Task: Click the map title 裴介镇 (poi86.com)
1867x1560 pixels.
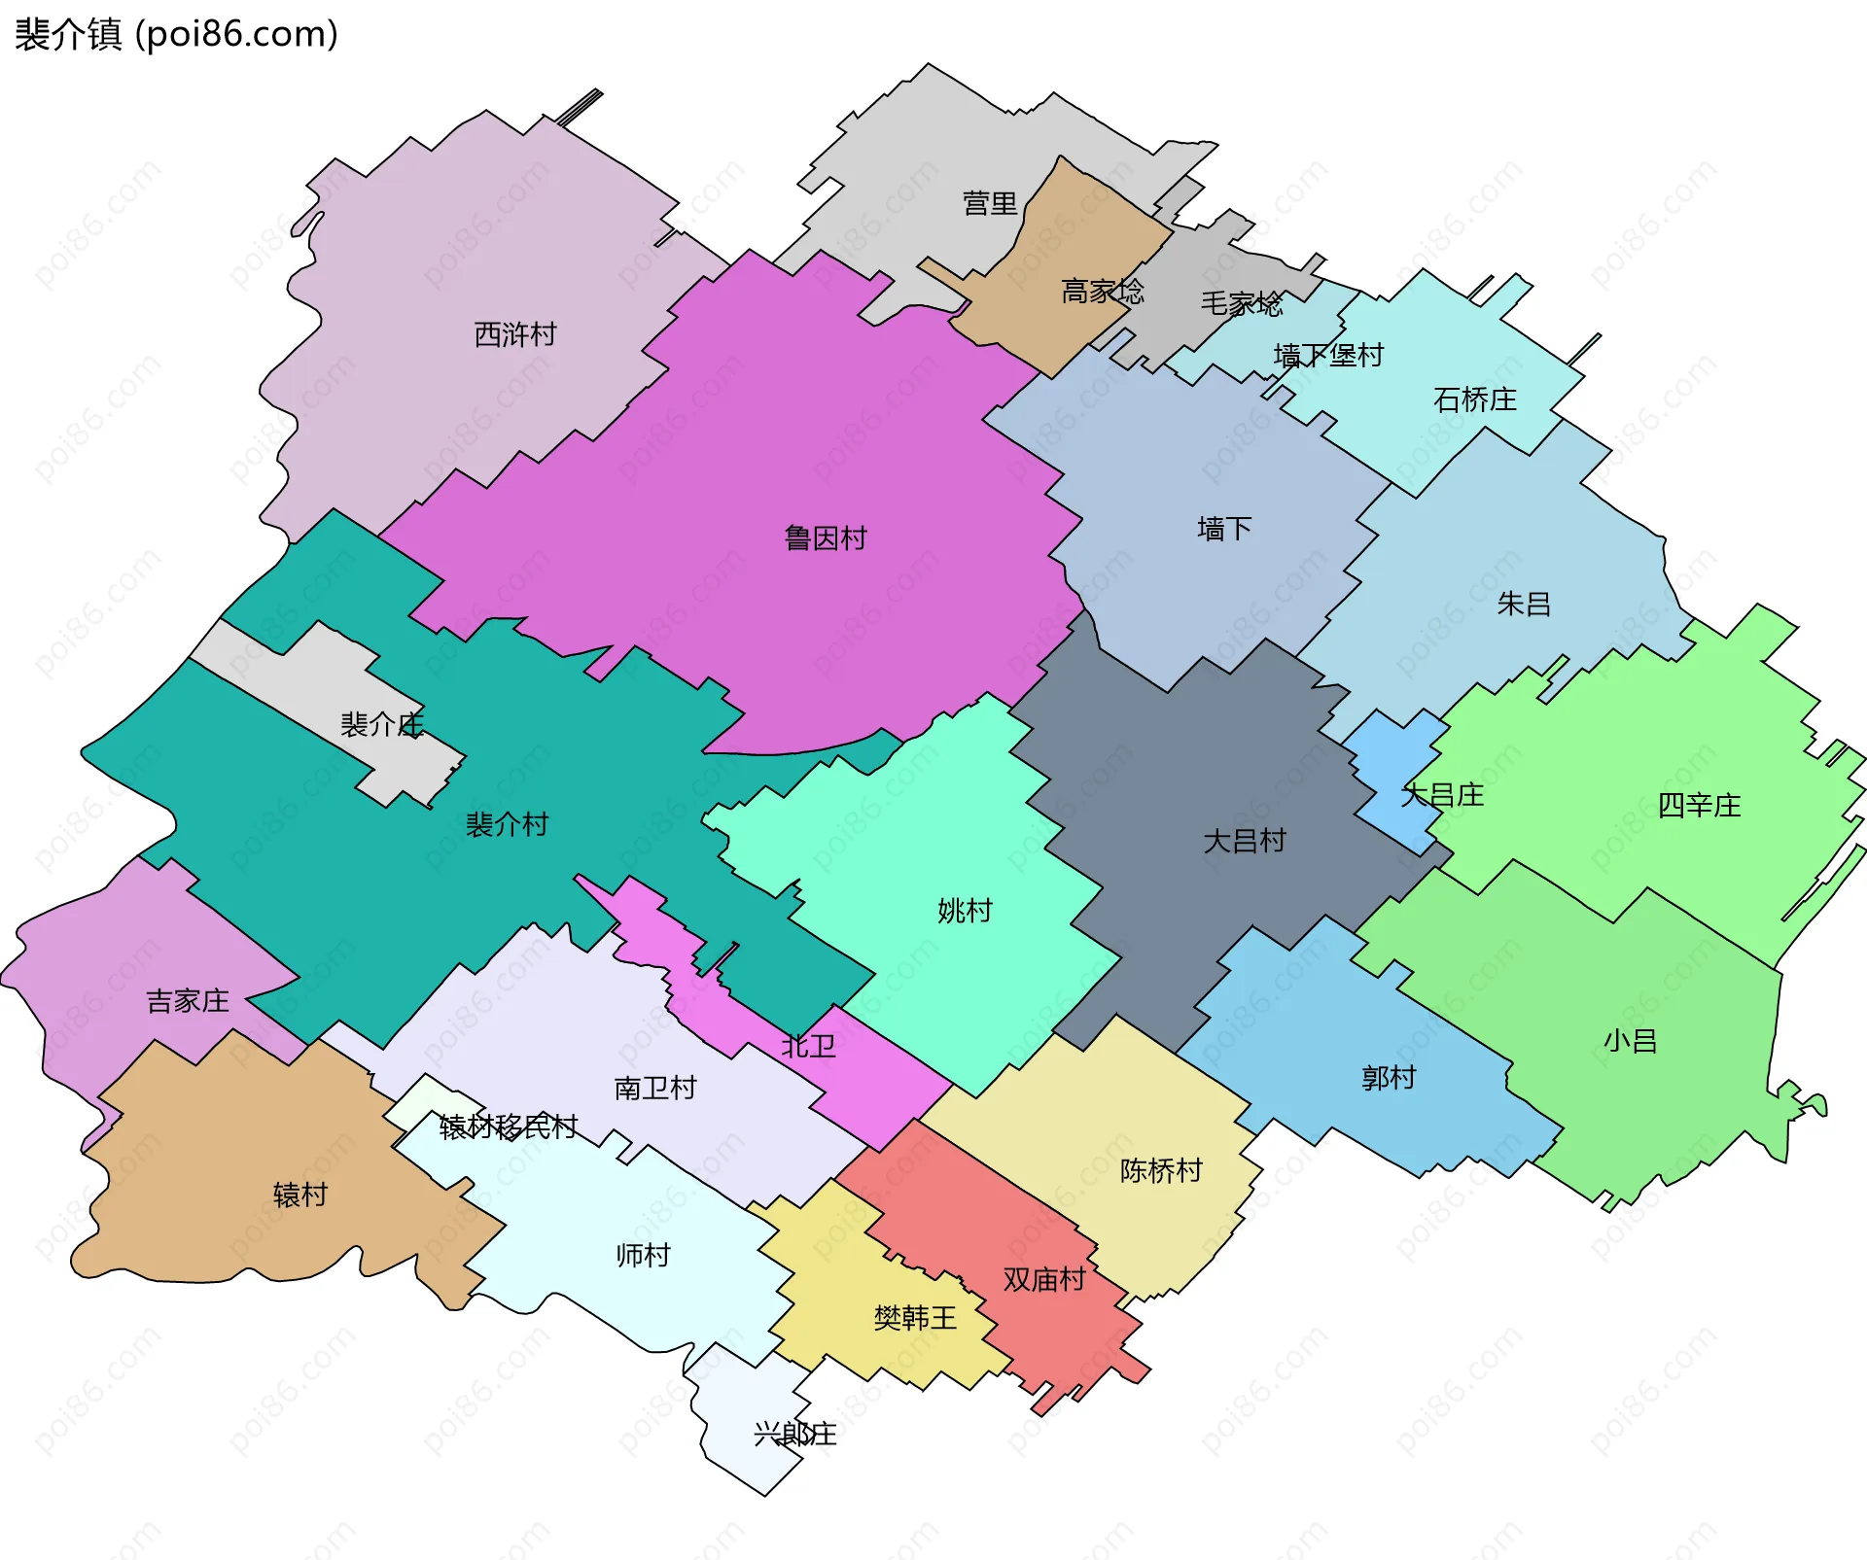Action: tap(176, 34)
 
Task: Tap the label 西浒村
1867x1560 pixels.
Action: tap(514, 334)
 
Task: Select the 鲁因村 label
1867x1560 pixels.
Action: tap(825, 537)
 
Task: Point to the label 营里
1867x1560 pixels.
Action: tap(989, 203)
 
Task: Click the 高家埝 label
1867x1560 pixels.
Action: tap(1102, 291)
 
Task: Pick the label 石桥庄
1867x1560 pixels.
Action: tap(1474, 399)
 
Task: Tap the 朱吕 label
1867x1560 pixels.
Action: tap(1523, 604)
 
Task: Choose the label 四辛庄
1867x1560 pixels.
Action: tap(1698, 805)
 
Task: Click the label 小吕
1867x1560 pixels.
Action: tap(1630, 1041)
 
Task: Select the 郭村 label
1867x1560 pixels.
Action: tap(1388, 1077)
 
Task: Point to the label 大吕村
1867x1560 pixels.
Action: tap(1244, 840)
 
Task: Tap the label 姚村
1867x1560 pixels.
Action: tap(964, 910)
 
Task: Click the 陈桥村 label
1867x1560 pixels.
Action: tap(1160, 1169)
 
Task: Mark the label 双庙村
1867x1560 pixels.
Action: tap(1043, 1279)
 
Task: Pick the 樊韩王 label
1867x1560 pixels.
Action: tap(914, 1317)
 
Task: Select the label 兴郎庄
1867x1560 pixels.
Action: tap(794, 1434)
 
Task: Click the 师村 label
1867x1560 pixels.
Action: tap(643, 1255)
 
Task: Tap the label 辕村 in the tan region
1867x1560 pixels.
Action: tap(299, 1195)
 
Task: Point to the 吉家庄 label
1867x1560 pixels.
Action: tap(187, 1000)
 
